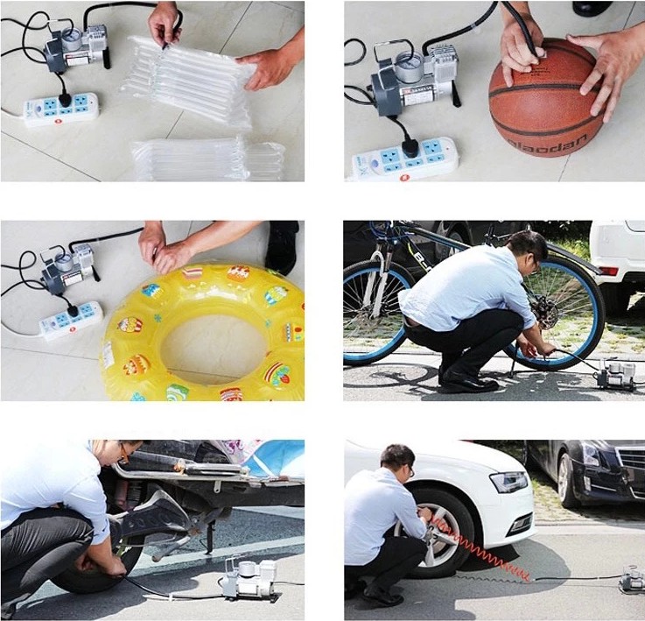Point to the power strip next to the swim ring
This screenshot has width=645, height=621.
tap(71, 321)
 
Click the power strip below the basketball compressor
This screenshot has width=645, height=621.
tap(405, 158)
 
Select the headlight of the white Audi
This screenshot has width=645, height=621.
tap(509, 482)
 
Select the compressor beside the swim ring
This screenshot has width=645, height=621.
tap(71, 268)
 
